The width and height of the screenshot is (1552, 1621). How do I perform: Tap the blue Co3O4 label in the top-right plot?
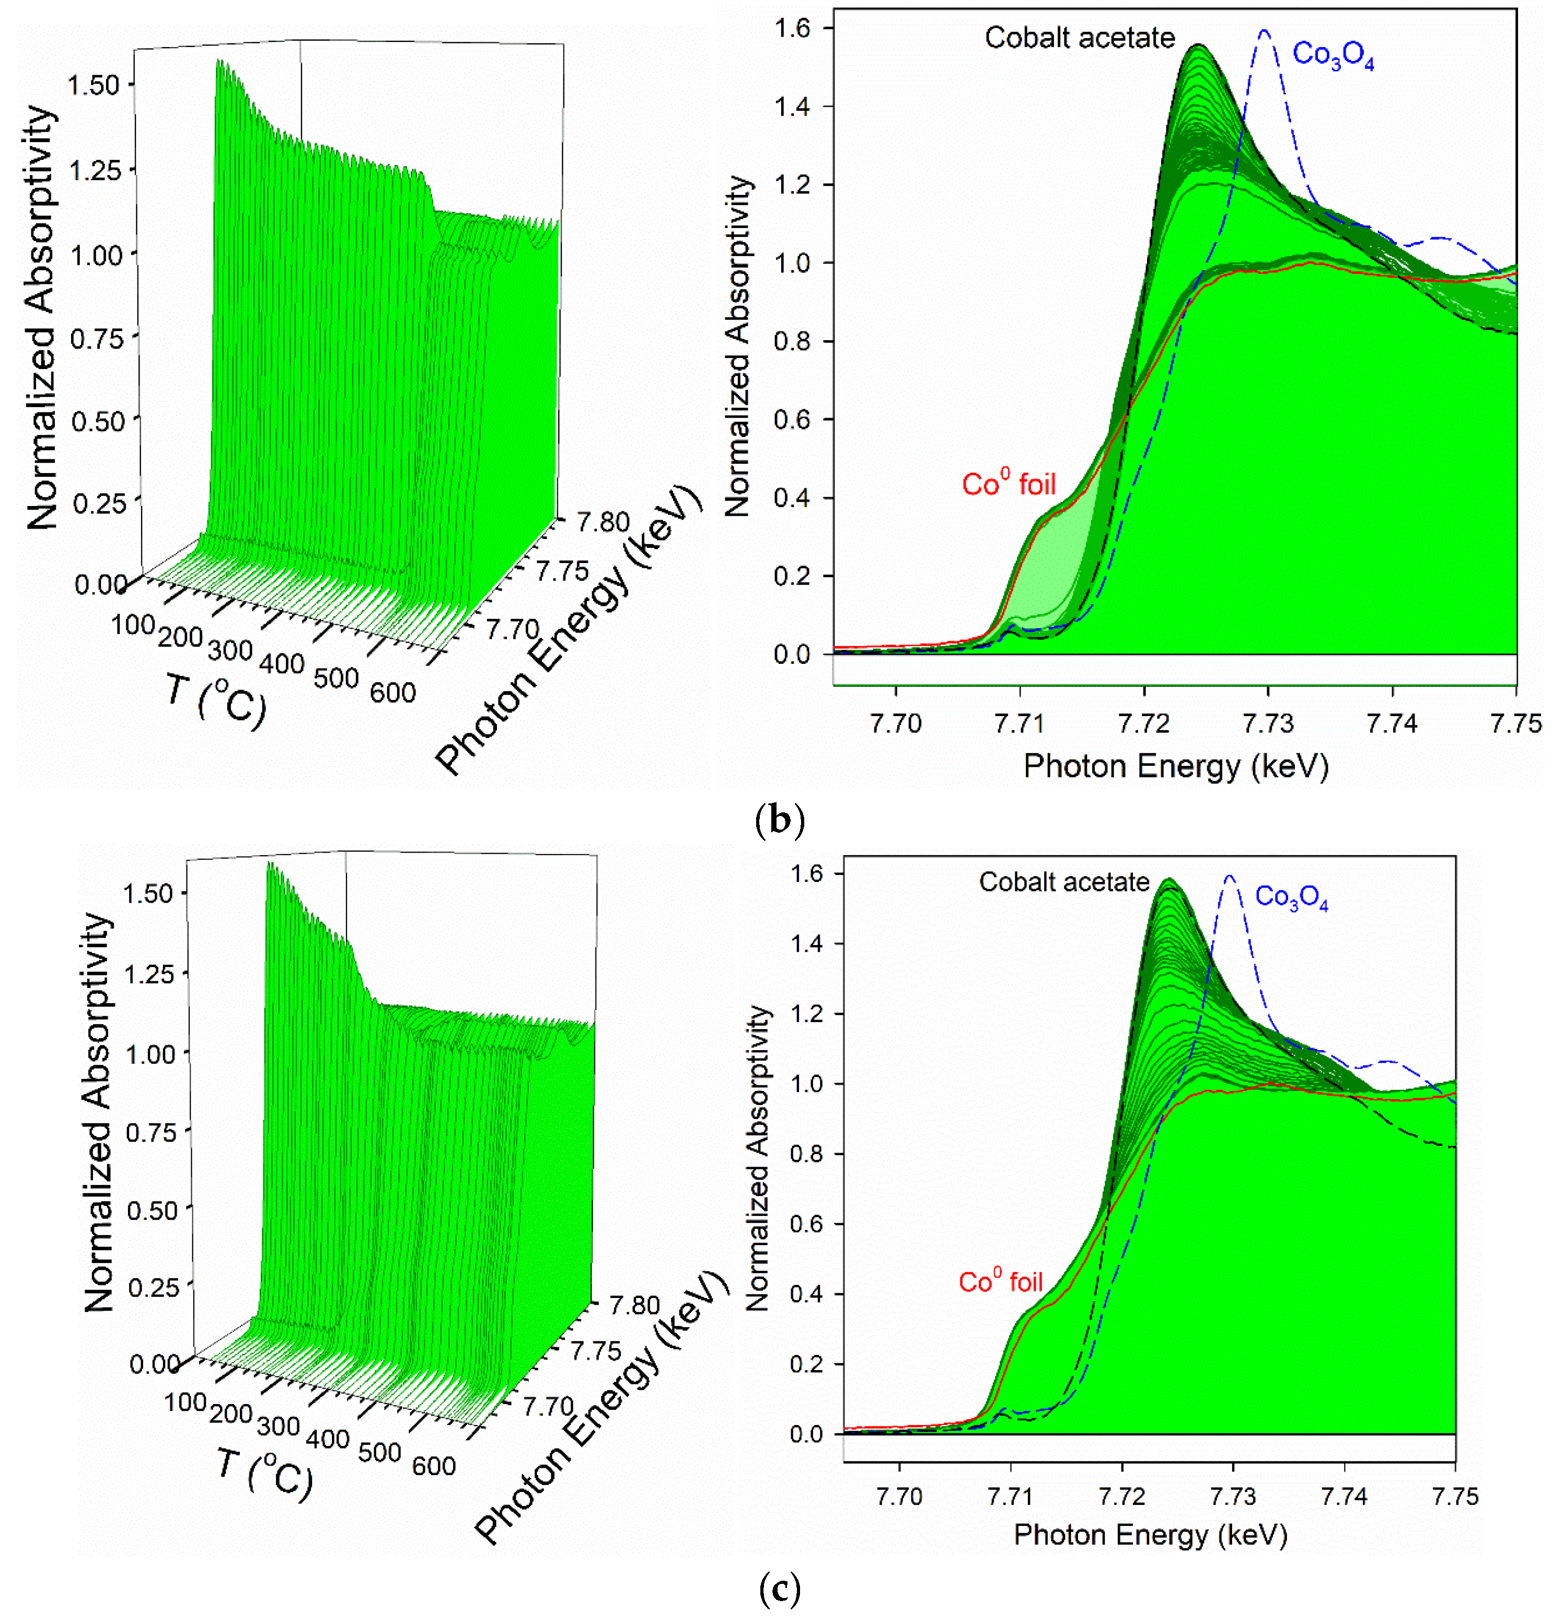click(x=1332, y=56)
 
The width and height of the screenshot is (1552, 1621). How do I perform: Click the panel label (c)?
click(x=779, y=1588)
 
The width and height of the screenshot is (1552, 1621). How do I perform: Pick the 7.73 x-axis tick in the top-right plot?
click(x=1268, y=723)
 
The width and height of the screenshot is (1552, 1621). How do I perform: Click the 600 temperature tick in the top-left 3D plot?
click(x=392, y=692)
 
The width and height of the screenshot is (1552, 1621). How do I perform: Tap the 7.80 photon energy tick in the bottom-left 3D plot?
click(x=634, y=1305)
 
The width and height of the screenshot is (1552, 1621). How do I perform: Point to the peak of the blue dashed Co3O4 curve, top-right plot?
click(x=1264, y=31)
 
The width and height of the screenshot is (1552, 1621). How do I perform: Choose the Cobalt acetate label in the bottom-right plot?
click(x=1063, y=882)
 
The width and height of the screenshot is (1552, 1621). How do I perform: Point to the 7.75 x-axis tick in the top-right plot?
click(x=1515, y=723)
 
